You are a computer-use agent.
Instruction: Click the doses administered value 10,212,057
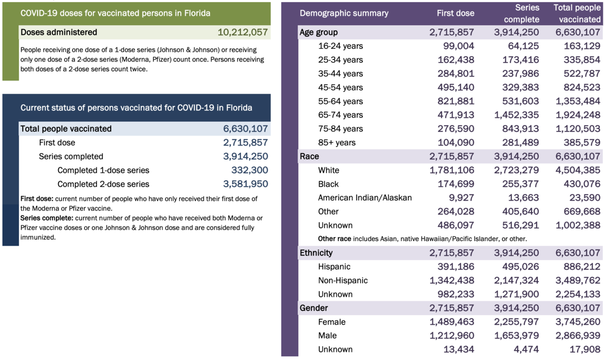(x=243, y=32)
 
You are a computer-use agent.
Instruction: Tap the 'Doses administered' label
(x=58, y=32)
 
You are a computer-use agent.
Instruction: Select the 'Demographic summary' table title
(x=344, y=13)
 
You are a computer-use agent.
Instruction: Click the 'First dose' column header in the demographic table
(x=456, y=13)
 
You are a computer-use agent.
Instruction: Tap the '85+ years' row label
(x=336, y=142)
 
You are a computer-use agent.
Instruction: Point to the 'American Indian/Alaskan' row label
(x=365, y=197)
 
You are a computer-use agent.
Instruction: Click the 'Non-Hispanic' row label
(x=343, y=280)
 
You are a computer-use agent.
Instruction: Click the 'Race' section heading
(x=309, y=156)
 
